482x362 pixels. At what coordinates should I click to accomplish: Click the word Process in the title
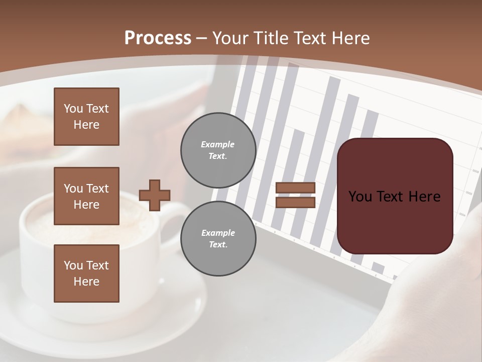coord(158,38)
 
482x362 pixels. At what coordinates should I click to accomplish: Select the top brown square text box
coord(86,117)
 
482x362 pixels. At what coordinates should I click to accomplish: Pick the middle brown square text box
coord(86,196)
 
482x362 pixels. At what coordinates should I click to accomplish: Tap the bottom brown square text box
coord(86,274)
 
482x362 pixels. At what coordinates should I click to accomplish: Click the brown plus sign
coord(154,195)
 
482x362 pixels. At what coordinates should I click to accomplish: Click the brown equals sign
coord(295,195)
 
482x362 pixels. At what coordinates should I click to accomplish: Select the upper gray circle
coord(218,150)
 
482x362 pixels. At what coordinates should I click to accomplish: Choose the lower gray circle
coord(218,238)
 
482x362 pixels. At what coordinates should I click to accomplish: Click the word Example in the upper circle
coord(217,144)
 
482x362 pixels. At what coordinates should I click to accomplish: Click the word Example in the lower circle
coord(217,233)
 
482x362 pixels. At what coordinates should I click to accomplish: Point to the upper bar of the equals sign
coord(295,188)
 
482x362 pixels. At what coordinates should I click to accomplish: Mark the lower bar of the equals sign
coord(295,202)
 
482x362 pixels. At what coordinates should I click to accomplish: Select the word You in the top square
coord(73,109)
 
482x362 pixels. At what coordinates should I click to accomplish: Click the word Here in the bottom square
coord(86,282)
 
